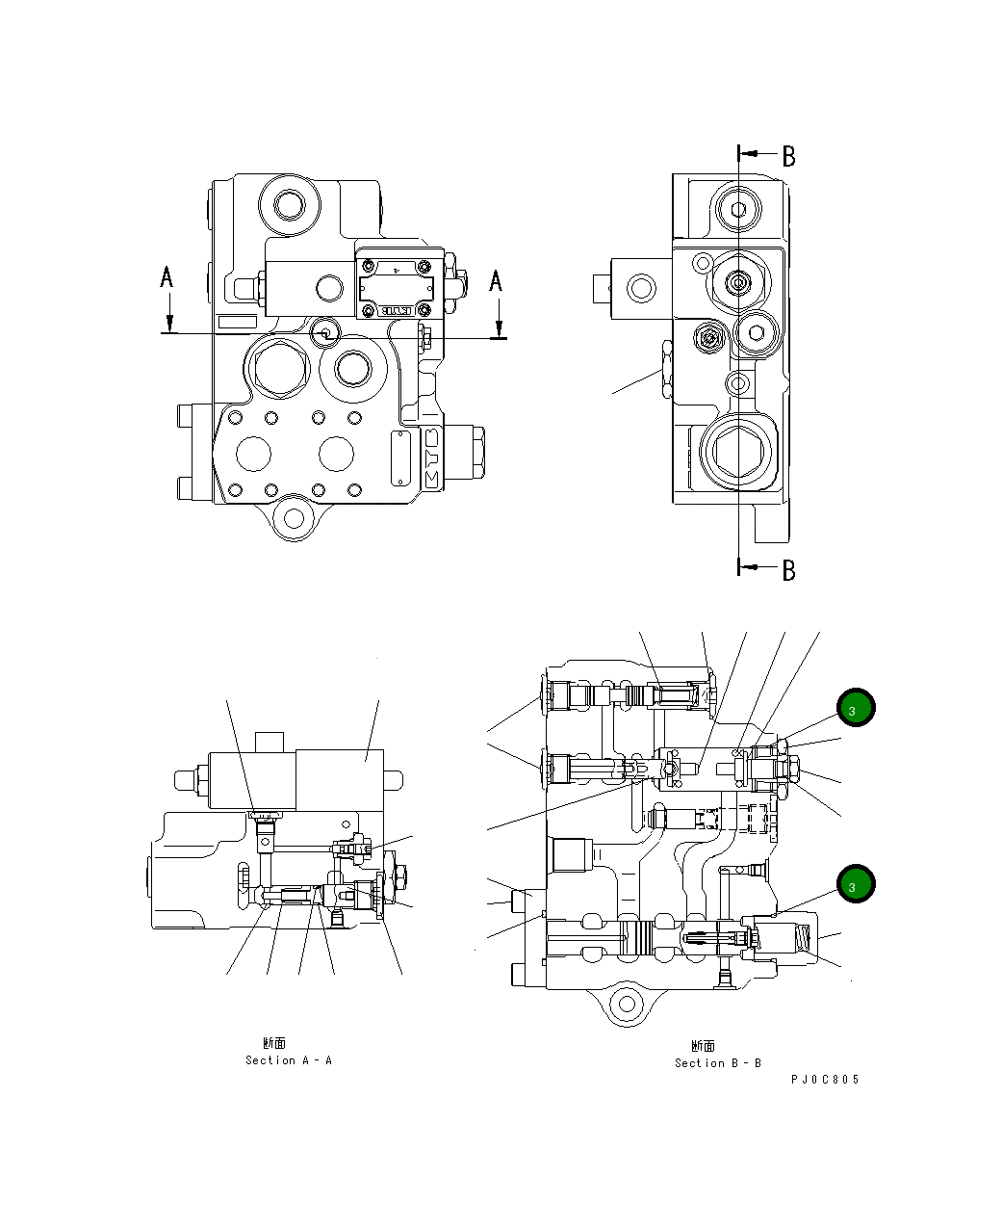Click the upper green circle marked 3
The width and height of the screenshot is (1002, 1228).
point(855,708)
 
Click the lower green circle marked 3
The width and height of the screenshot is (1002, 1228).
point(855,884)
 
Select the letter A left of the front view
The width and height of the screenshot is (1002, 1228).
point(167,278)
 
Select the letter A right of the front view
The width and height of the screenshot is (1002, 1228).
point(496,280)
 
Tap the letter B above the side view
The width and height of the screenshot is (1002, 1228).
point(788,156)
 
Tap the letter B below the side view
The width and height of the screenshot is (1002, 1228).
point(788,570)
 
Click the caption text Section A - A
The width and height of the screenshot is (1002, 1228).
point(288,1060)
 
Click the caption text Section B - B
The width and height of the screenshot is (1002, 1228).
point(717,1063)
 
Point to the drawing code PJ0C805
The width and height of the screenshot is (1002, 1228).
point(825,1080)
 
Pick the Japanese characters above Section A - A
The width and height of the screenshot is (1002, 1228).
point(273,1043)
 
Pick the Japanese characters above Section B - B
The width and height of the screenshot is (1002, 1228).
point(703,1046)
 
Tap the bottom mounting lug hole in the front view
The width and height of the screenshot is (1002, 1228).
point(291,517)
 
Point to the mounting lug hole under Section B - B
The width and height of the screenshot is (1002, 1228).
point(628,1004)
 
